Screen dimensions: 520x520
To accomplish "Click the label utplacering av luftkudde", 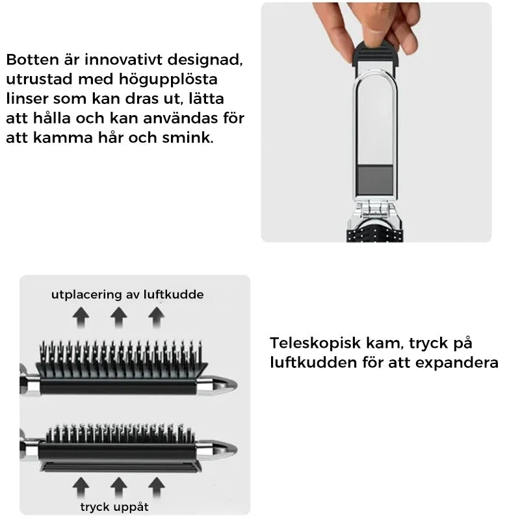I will point(127,295).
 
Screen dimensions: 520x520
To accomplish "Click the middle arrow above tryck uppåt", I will point(118,485).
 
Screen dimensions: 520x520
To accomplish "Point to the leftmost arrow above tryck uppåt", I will point(81,485).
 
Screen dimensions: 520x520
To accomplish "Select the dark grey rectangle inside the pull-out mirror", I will point(376,177).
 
